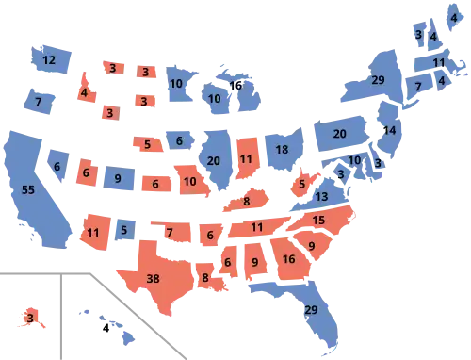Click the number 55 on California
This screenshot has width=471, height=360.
click(29, 189)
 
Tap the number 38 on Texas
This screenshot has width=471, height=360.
click(154, 278)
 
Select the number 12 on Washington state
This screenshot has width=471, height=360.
click(50, 60)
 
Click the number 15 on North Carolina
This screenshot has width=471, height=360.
click(318, 221)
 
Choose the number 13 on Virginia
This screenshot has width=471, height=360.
click(323, 197)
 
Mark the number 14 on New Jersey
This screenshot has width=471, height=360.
click(390, 130)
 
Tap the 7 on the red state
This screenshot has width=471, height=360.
click(170, 231)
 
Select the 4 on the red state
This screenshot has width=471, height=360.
click(84, 92)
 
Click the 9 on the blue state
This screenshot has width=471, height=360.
click(117, 177)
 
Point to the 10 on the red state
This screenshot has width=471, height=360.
click(190, 181)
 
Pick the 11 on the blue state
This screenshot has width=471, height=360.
click(438, 62)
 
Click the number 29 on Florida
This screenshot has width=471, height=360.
click(311, 310)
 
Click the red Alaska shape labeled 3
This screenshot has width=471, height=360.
click(30, 319)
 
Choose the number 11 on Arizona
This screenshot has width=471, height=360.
click(92, 230)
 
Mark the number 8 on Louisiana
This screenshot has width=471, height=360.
click(205, 278)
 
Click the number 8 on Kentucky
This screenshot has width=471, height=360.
click(246, 201)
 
